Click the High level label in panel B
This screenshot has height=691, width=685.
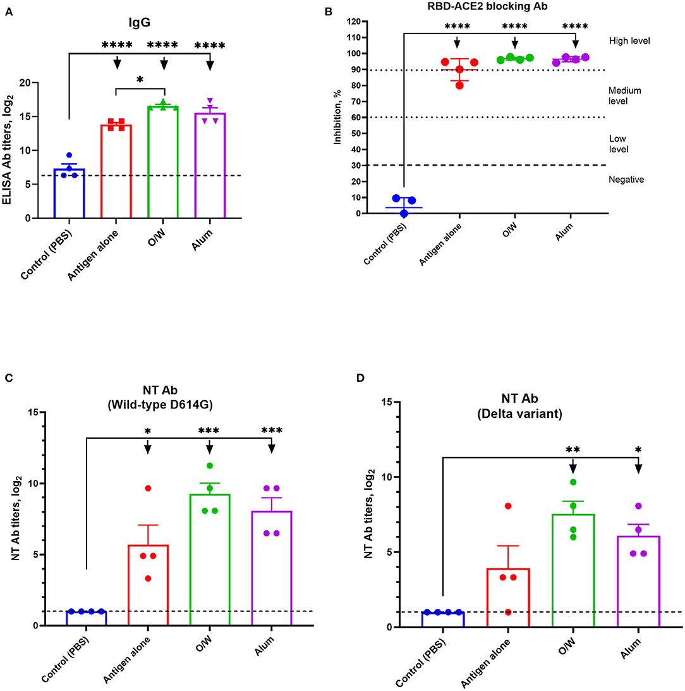click(x=629, y=40)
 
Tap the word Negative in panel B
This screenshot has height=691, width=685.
click(x=626, y=180)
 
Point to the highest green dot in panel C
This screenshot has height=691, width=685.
click(x=209, y=466)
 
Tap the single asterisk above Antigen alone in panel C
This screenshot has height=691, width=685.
click(x=148, y=431)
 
